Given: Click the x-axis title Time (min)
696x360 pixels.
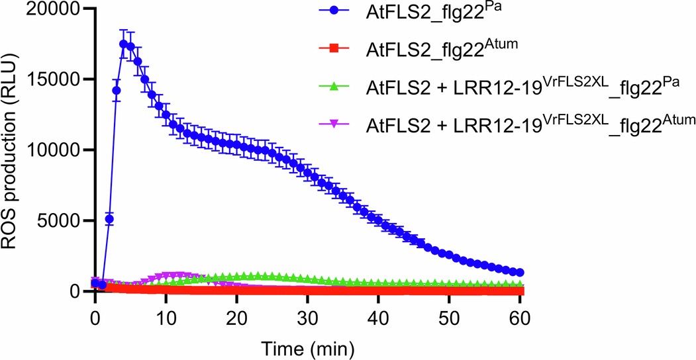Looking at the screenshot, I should (307, 345).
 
